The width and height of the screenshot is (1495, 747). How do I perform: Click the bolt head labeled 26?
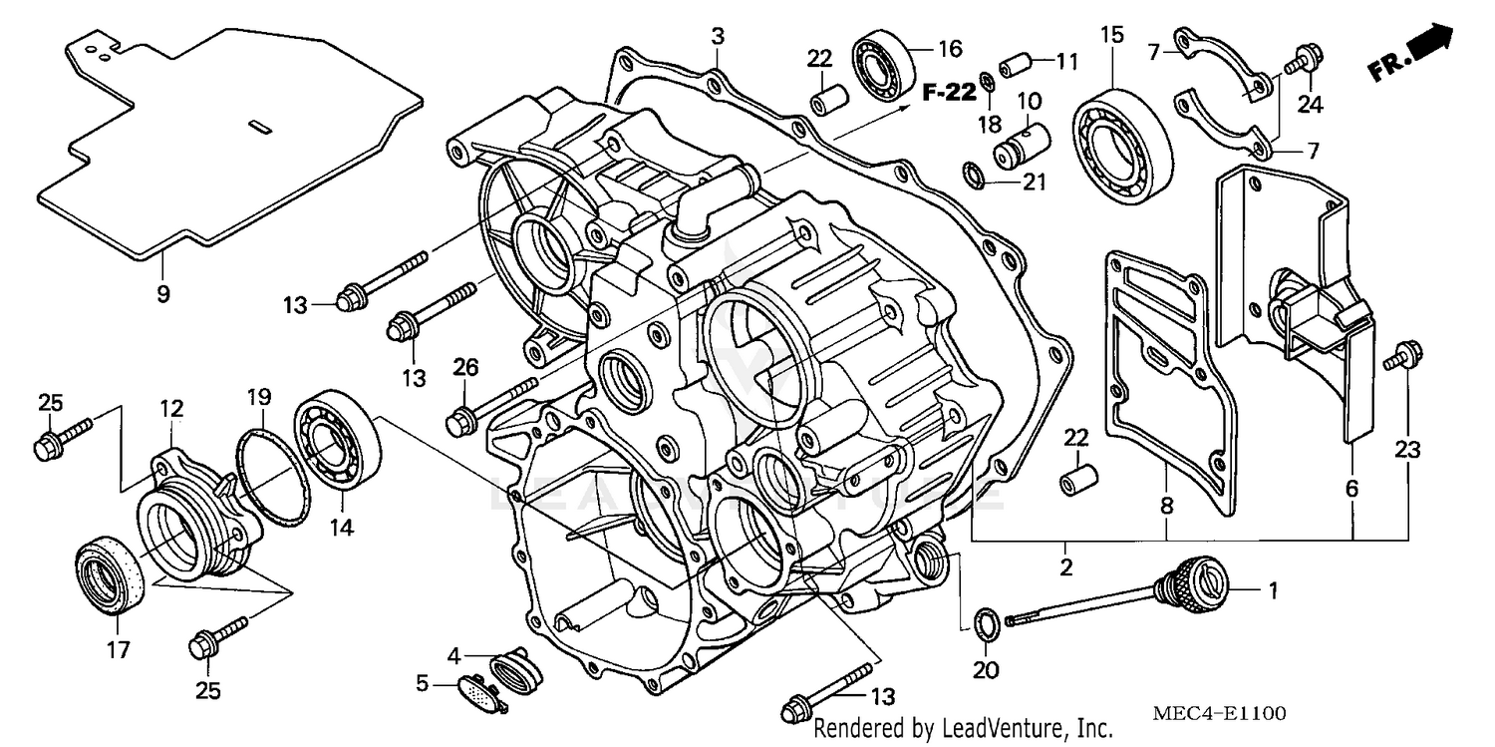(460, 420)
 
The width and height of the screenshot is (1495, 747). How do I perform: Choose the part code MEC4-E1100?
(1218, 714)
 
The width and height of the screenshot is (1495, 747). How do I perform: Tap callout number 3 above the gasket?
(717, 37)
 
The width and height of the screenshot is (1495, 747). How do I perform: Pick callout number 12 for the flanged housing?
(171, 408)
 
